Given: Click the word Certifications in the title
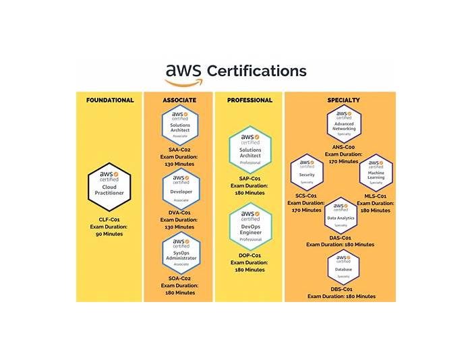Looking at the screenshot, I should [x=256, y=71].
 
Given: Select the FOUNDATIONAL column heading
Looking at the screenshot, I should [x=110, y=100].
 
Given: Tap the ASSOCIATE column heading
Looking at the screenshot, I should [x=179, y=100].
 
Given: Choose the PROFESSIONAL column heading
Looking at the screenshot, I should [x=249, y=100].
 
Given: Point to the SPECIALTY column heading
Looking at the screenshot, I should [x=344, y=100].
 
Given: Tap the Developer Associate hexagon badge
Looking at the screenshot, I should [x=179, y=187].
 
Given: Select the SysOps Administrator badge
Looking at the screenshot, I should [x=179, y=251].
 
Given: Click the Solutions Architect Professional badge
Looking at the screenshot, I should [x=250, y=149].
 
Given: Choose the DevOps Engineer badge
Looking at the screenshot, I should [x=250, y=225].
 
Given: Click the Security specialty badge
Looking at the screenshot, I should [x=307, y=172].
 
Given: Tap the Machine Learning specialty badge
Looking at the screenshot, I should [x=376, y=172].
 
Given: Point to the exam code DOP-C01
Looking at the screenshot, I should [x=249, y=256].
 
